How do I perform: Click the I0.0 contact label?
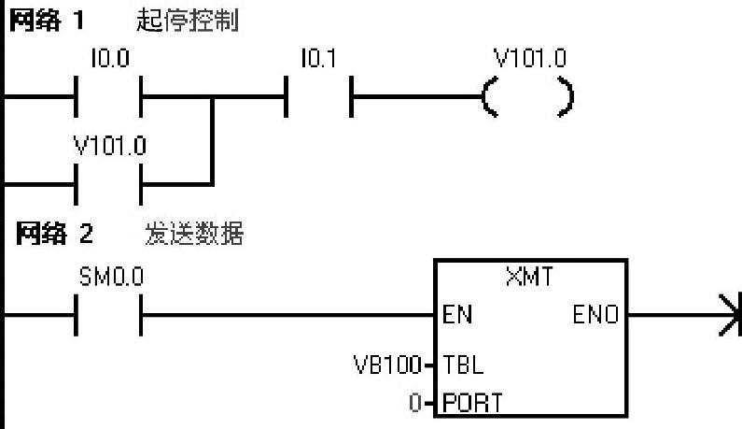pos(110,59)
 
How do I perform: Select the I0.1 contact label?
pos(318,59)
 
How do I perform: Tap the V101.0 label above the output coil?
pos(529,59)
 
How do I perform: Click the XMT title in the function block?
pos(528,277)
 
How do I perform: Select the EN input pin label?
pos(458,315)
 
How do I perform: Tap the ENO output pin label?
pos(595,315)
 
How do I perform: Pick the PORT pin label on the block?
pos(472,403)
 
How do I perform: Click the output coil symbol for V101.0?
pos(527,96)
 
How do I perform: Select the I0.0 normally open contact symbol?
pos(108,96)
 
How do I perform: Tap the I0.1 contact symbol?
pos(318,96)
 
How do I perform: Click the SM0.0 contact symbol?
pos(108,315)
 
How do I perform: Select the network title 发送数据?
pos(194,235)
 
